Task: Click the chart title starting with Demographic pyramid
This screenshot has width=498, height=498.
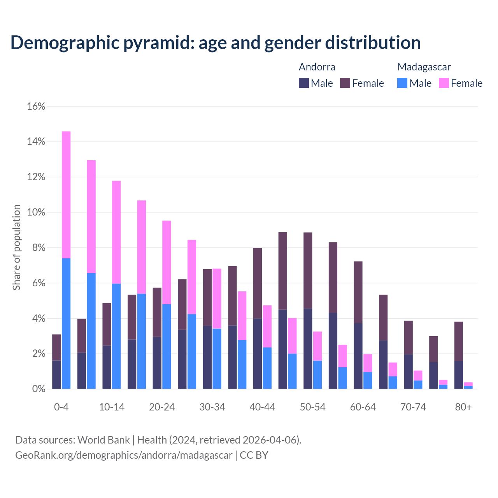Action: coord(215,43)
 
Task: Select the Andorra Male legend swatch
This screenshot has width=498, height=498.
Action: coord(304,83)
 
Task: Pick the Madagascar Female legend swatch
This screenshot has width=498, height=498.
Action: coord(444,83)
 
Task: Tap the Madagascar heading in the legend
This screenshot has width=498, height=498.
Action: coord(424,67)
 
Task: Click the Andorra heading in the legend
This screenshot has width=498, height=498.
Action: coord(317,67)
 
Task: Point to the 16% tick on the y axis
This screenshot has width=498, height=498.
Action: coord(36,106)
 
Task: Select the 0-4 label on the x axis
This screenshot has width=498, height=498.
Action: coord(61,407)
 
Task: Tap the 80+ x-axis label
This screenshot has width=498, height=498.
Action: coord(463,407)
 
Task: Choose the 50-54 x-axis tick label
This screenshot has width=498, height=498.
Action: coord(313,407)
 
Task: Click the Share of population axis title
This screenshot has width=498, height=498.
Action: coord(16,247)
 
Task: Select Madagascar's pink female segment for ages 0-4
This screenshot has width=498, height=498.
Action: coord(66,195)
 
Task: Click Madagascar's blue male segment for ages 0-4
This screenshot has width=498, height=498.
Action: coord(66,323)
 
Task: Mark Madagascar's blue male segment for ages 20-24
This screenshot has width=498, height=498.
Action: coord(167,346)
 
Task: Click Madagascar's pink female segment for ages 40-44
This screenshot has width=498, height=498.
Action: coord(267,326)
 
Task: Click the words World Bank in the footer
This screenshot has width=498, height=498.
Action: coord(103,440)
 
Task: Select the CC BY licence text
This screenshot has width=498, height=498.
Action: coord(254,455)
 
